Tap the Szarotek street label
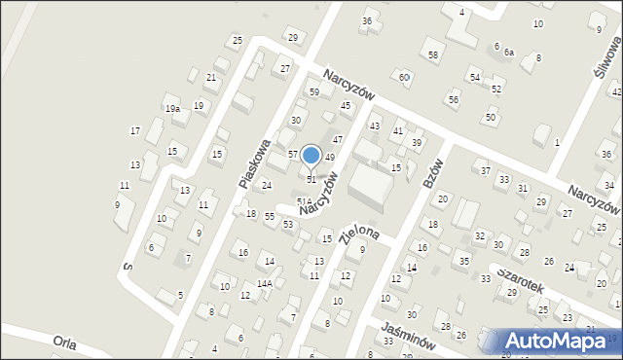click(x=518, y=278)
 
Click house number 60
click(x=404, y=77)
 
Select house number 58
click(x=433, y=55)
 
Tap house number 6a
click(x=508, y=53)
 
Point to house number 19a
click(x=171, y=109)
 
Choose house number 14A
click(x=264, y=284)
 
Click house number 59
click(x=314, y=92)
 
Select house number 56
click(x=453, y=99)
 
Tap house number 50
click(x=491, y=118)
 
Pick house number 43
click(x=374, y=126)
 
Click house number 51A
click(x=304, y=201)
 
